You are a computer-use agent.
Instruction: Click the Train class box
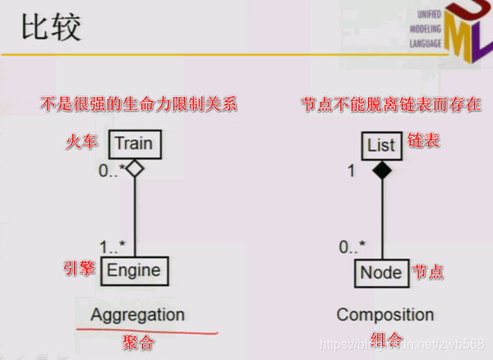(x=133, y=144)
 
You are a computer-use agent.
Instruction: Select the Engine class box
(x=133, y=270)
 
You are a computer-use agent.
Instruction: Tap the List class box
(x=381, y=145)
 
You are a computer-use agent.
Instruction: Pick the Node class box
(x=381, y=272)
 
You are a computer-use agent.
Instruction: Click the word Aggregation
(x=137, y=315)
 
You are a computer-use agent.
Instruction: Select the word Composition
(x=385, y=315)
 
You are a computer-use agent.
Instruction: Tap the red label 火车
(x=82, y=143)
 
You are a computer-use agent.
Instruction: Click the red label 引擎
(x=80, y=269)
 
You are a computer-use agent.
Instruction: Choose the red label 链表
(x=424, y=141)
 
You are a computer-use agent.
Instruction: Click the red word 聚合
(x=137, y=339)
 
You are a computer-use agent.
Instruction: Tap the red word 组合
(x=383, y=339)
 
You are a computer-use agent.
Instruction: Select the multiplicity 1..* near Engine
(x=112, y=247)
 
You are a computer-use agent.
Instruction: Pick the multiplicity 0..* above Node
(x=352, y=246)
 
